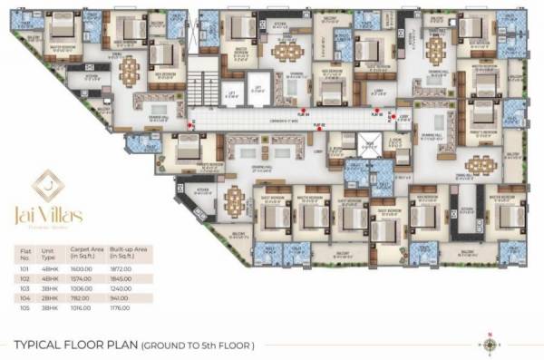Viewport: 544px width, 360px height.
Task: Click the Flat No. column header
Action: coord(25,252)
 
